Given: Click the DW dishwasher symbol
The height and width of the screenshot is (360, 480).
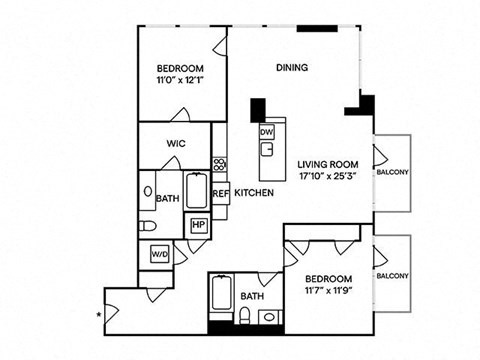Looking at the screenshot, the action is pos(267,132).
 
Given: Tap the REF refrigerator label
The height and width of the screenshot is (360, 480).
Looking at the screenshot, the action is pos(220,193).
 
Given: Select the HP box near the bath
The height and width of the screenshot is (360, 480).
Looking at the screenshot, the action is pos(198,225).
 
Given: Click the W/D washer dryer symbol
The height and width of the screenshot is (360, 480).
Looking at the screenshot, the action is pos(160,254).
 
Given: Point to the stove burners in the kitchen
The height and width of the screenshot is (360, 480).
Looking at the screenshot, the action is pos(220,164).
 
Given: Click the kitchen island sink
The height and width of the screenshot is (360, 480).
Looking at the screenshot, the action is pos(267,149).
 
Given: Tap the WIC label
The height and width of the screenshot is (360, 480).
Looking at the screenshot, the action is pos(176,144).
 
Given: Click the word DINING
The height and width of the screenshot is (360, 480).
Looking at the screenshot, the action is pos(292,67).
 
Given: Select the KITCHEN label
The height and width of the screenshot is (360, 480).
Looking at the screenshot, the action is pos(254,193).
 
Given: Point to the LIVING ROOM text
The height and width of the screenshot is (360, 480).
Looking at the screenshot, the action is pos(328,164).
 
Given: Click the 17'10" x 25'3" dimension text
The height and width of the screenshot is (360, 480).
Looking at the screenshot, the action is pos(328,176).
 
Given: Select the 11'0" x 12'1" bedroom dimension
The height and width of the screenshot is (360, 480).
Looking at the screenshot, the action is pos(180,80).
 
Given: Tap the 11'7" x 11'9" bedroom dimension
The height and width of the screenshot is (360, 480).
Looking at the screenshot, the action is pos(329,291).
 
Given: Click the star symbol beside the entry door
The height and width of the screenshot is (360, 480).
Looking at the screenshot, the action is pos(99,314).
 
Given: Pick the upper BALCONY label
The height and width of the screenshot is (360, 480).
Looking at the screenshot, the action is pos(392,172).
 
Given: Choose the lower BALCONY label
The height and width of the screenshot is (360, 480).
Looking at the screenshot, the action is pos(392,276).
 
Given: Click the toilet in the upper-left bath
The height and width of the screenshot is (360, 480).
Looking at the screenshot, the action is pos(147,226).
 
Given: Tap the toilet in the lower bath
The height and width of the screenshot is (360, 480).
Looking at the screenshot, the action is pos(245,315).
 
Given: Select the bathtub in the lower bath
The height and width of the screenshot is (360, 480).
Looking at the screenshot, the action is pos(221,293).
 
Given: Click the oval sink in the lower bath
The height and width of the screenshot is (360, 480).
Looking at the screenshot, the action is pos(269,317).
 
